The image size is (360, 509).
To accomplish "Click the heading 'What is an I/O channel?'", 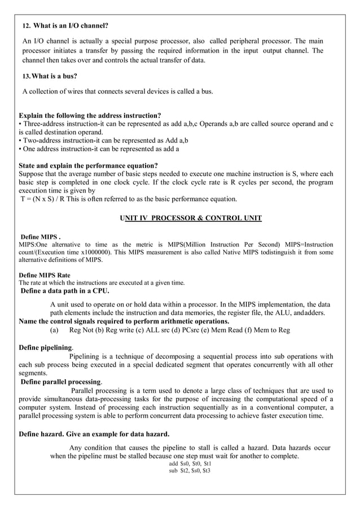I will [x=71, y=26].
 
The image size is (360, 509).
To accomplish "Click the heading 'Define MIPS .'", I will [x=40, y=236].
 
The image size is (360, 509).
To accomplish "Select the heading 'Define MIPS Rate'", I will [x=45, y=275].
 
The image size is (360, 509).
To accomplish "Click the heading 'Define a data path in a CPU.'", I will [x=65, y=291].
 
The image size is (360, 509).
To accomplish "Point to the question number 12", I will [x=26, y=27].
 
